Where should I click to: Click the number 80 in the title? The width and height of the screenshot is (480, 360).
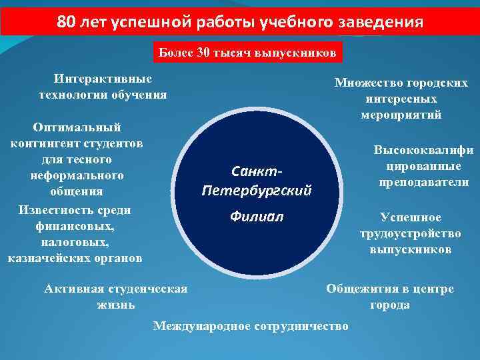click(x=66, y=22)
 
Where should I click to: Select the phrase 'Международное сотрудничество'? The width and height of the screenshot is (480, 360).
click(x=251, y=326)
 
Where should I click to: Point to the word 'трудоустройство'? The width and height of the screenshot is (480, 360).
click(x=411, y=234)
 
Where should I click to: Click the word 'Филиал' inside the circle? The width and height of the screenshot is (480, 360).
click(x=257, y=217)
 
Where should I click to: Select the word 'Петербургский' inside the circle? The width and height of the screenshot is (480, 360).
click(x=257, y=191)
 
